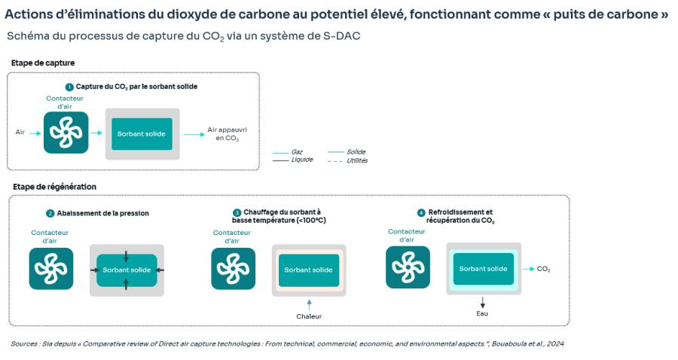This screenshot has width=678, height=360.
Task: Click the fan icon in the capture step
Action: (x=66, y=133)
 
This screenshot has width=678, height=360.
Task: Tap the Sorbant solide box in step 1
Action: (x=142, y=134)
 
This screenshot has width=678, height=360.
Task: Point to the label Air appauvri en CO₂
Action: (x=227, y=134)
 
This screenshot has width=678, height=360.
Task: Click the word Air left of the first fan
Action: (x=20, y=133)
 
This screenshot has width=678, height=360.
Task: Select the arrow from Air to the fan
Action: (x=35, y=133)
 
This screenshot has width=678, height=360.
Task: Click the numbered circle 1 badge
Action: (x=69, y=87)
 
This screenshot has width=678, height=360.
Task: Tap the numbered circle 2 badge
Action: (x=50, y=213)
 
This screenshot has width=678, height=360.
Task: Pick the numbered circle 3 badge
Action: (x=237, y=212)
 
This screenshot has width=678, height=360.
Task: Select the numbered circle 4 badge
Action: (x=421, y=212)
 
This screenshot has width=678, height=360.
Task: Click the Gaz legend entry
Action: (x=288, y=152)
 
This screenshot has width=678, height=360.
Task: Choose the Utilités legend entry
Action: (x=347, y=160)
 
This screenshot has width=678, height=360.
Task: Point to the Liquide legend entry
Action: (x=293, y=160)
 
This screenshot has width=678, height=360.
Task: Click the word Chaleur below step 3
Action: (x=309, y=316)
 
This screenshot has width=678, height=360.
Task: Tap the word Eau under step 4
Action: (x=482, y=313)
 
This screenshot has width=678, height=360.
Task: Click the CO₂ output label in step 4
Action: (x=543, y=269)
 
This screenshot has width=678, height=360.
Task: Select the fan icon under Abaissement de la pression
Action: (x=51, y=268)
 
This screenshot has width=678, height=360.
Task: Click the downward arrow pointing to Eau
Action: (x=483, y=302)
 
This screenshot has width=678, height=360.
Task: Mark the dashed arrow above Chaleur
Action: (x=309, y=304)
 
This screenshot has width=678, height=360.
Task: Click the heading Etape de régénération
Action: (x=54, y=187)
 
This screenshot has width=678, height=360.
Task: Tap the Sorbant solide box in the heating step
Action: (x=309, y=270)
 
